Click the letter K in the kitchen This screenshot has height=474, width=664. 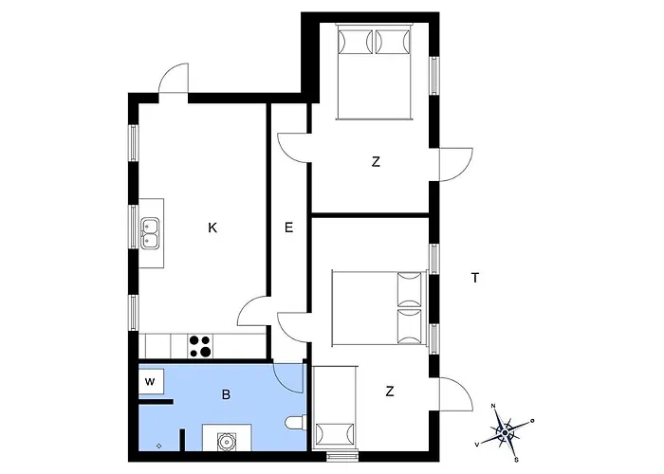(x=212, y=228)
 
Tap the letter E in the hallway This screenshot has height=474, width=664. (x=288, y=228)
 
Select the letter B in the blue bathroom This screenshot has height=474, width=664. (x=226, y=395)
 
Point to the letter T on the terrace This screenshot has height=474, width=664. (x=475, y=278)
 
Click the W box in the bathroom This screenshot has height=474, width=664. (x=151, y=382)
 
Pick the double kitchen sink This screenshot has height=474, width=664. (x=150, y=233)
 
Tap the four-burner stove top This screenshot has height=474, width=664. (x=200, y=346)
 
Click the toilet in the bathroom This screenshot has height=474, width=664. (x=296, y=423)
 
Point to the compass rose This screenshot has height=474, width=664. (x=505, y=432)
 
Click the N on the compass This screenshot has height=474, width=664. (x=493, y=406)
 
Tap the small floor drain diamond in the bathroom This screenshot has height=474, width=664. (x=158, y=446)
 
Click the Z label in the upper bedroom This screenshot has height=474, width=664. (x=376, y=162)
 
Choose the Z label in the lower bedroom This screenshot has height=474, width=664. (x=390, y=392)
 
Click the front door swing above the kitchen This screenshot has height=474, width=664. (x=174, y=79)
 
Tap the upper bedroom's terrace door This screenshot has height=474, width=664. (x=456, y=165)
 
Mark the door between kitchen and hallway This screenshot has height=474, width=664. (x=252, y=311)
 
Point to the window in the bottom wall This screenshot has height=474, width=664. (x=343, y=457)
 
